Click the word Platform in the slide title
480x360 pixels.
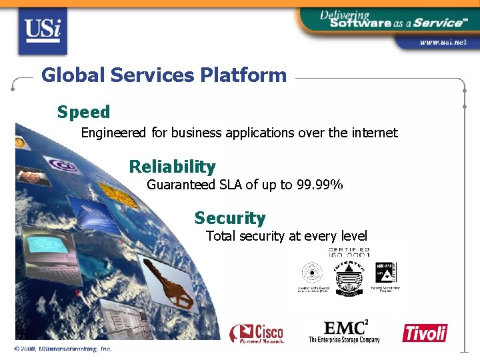click(243, 75)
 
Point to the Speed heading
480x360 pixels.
click(83, 111)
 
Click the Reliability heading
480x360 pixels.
click(172, 167)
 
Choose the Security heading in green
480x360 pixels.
click(229, 218)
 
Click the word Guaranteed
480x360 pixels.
click(181, 185)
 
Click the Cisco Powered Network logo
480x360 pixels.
click(257, 333)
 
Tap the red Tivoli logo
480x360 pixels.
click(425, 333)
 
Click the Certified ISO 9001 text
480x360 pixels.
click(349, 252)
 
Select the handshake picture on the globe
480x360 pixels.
click(30, 176)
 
